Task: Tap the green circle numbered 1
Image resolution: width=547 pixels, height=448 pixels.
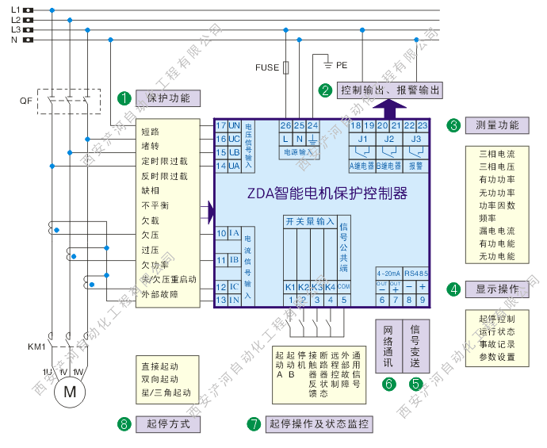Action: point(124,98)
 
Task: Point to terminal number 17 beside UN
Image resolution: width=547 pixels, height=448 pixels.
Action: point(221,125)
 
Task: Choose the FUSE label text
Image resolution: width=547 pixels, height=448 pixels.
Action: point(267,68)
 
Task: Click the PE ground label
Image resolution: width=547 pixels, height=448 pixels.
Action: point(342,63)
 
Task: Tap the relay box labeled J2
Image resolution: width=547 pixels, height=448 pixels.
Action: point(388,140)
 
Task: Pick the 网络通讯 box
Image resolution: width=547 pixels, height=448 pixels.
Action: point(388,346)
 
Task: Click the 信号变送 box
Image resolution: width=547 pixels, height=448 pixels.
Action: point(415,346)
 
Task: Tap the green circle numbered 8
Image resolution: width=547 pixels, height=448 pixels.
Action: point(124,423)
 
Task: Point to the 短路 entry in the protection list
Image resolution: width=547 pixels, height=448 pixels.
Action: point(151,132)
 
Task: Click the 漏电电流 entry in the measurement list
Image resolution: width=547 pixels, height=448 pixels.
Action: point(497,230)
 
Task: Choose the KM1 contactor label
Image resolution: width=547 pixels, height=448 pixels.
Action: point(36,347)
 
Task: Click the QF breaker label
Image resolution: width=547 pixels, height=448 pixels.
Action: point(26,101)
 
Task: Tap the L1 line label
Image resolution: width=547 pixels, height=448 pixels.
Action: point(15,10)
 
